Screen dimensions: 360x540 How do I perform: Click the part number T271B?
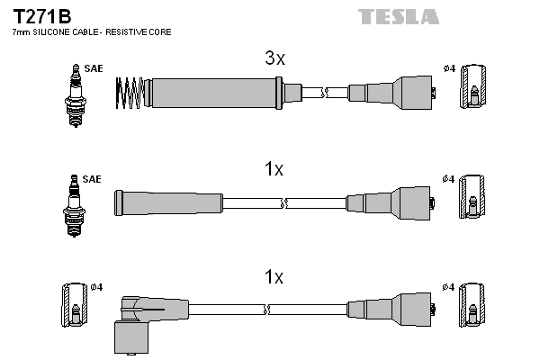(41, 16)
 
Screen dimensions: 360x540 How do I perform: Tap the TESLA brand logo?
(398, 16)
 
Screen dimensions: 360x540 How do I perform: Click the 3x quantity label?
(274, 59)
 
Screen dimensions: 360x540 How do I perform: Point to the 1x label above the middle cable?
(274, 169)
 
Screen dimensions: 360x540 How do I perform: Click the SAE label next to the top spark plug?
(93, 68)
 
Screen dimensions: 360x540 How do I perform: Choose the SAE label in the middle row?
(93, 179)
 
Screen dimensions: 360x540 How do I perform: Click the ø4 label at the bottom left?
(96, 287)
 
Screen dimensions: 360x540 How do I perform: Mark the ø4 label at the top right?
(449, 68)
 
